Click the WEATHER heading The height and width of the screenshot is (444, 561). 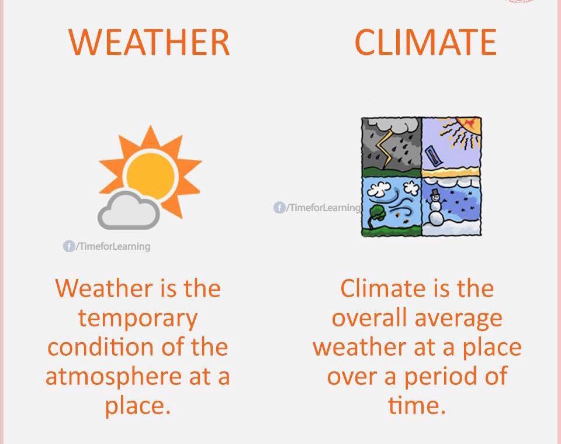coord(149,42)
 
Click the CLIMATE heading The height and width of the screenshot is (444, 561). coord(425,42)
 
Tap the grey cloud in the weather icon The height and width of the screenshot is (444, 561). coord(129,211)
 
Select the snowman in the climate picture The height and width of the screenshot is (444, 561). coord(435,208)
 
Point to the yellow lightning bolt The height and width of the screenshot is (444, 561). coord(385,149)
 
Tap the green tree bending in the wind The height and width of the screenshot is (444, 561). coord(375,217)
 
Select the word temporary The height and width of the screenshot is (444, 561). coord(138,319)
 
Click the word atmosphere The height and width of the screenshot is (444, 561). coord(113,377)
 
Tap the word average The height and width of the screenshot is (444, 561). coord(459,319)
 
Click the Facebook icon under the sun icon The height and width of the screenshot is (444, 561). coord(69,246)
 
